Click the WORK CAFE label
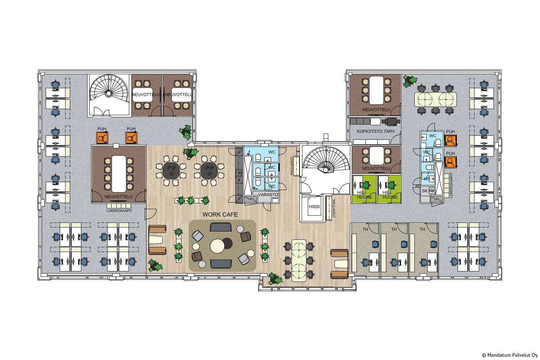[x=220, y=215]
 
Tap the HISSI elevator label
[x=314, y=207]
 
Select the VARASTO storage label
[x=268, y=195]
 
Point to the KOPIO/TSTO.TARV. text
[x=376, y=131]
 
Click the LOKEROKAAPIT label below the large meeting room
[x=119, y=211]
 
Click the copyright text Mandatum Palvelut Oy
[x=510, y=355]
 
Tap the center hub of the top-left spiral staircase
[x=108, y=93]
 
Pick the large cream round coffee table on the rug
[x=217, y=246]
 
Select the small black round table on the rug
[x=227, y=243]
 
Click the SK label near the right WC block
[x=424, y=191]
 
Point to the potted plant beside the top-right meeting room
[x=410, y=81]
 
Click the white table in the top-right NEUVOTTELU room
[x=376, y=90]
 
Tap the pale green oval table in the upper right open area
[x=435, y=99]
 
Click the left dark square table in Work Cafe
[x=171, y=171]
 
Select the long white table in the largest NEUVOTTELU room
[x=119, y=174]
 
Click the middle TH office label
[x=394, y=229]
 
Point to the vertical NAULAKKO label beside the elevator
[x=334, y=208]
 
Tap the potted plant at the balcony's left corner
[x=275, y=279]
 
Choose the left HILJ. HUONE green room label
[x=364, y=195]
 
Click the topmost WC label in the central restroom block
[x=272, y=152]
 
